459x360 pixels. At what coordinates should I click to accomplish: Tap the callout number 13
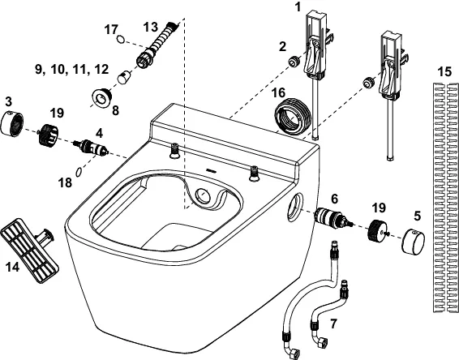click(x=152, y=26)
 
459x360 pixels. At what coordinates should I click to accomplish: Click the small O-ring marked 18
click(x=76, y=171)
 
